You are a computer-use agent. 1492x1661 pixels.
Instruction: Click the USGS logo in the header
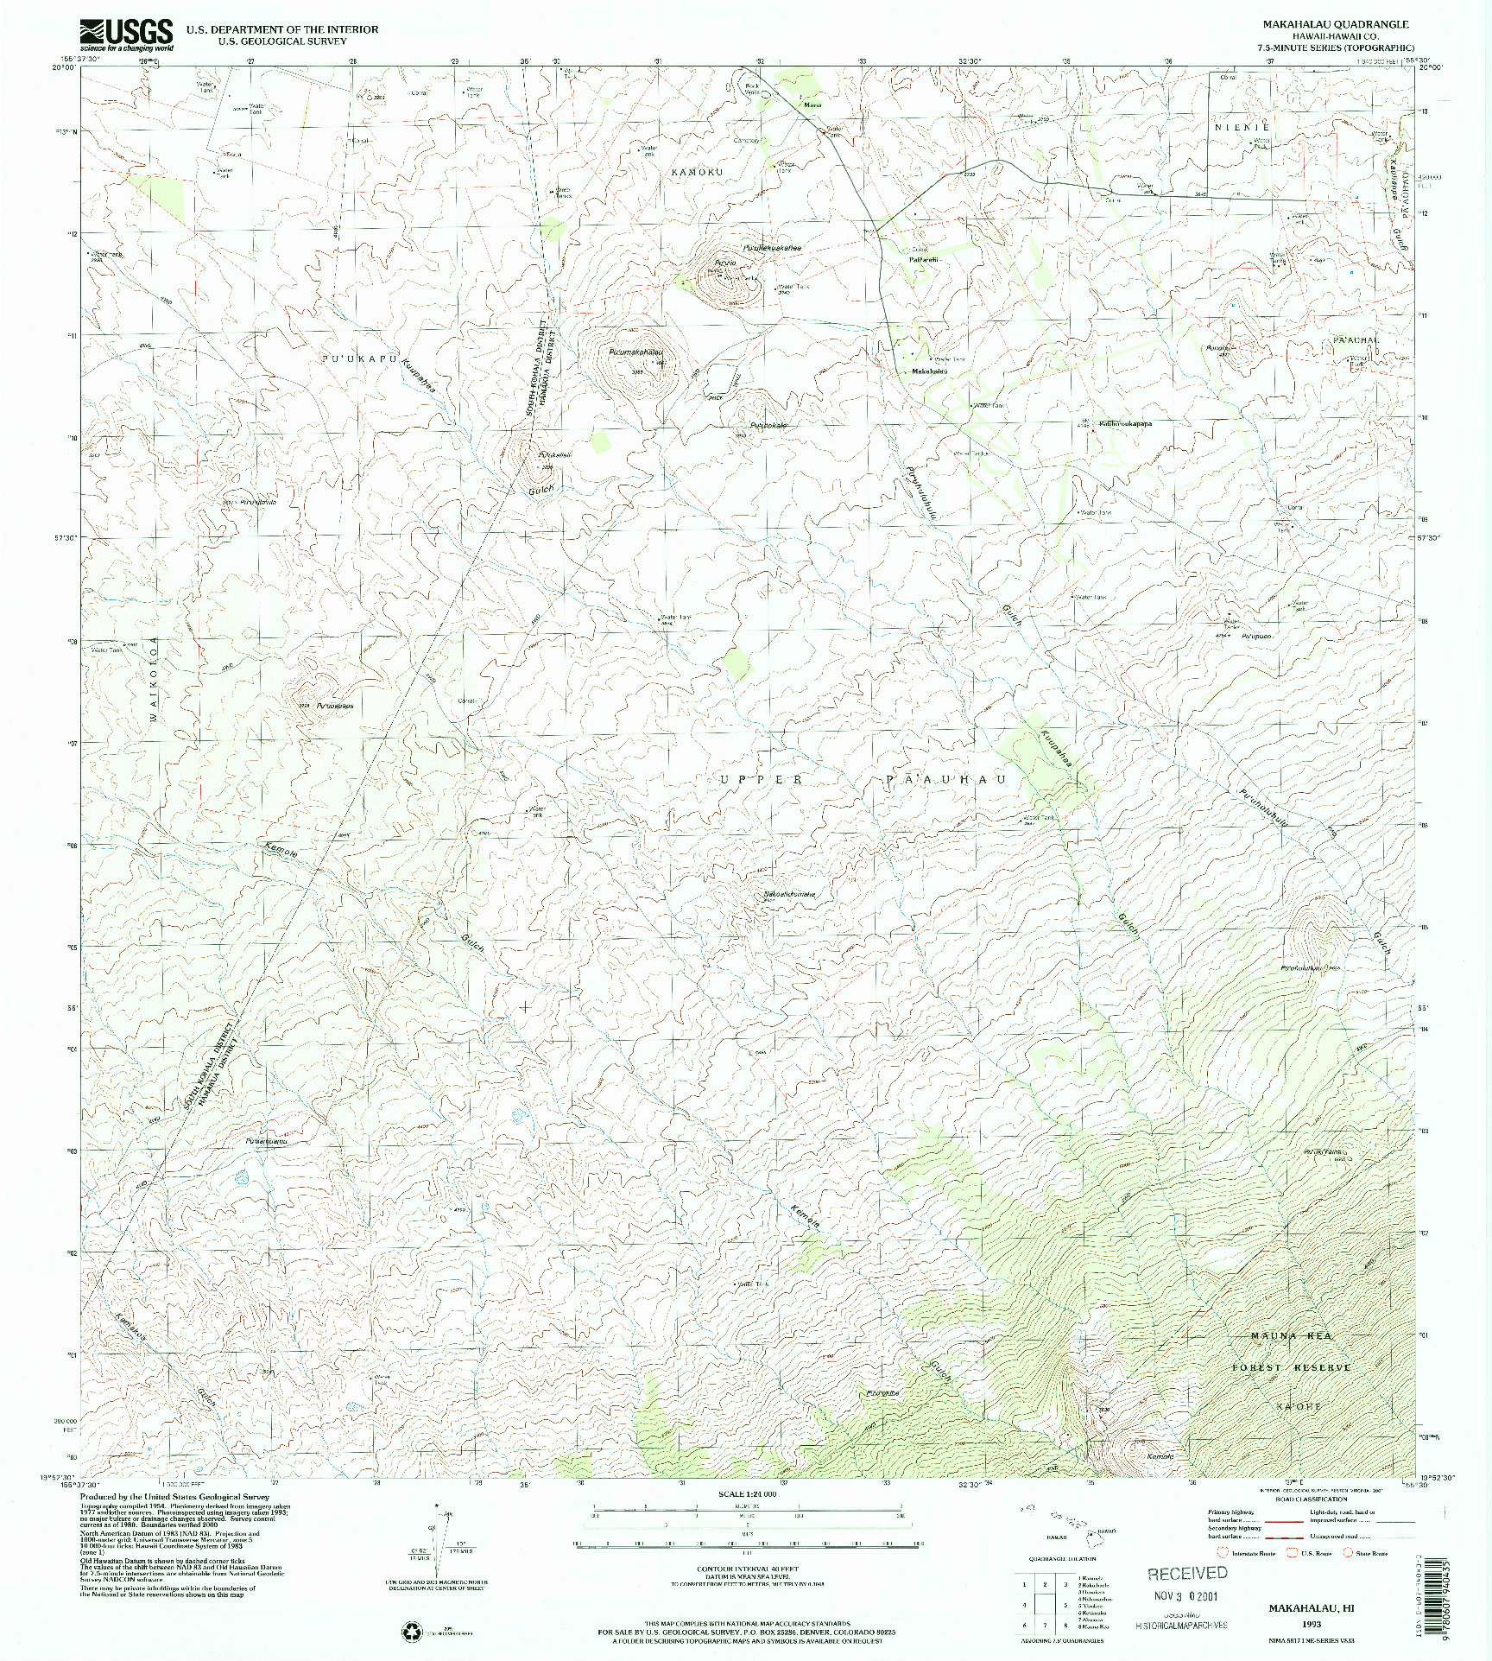(x=126, y=35)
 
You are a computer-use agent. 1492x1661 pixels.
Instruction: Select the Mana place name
(x=812, y=105)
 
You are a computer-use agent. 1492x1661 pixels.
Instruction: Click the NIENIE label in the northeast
(x=1241, y=127)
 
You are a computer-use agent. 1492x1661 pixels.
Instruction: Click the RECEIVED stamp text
(x=1187, y=1574)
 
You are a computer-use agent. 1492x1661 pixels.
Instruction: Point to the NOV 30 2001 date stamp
(x=1187, y=1596)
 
